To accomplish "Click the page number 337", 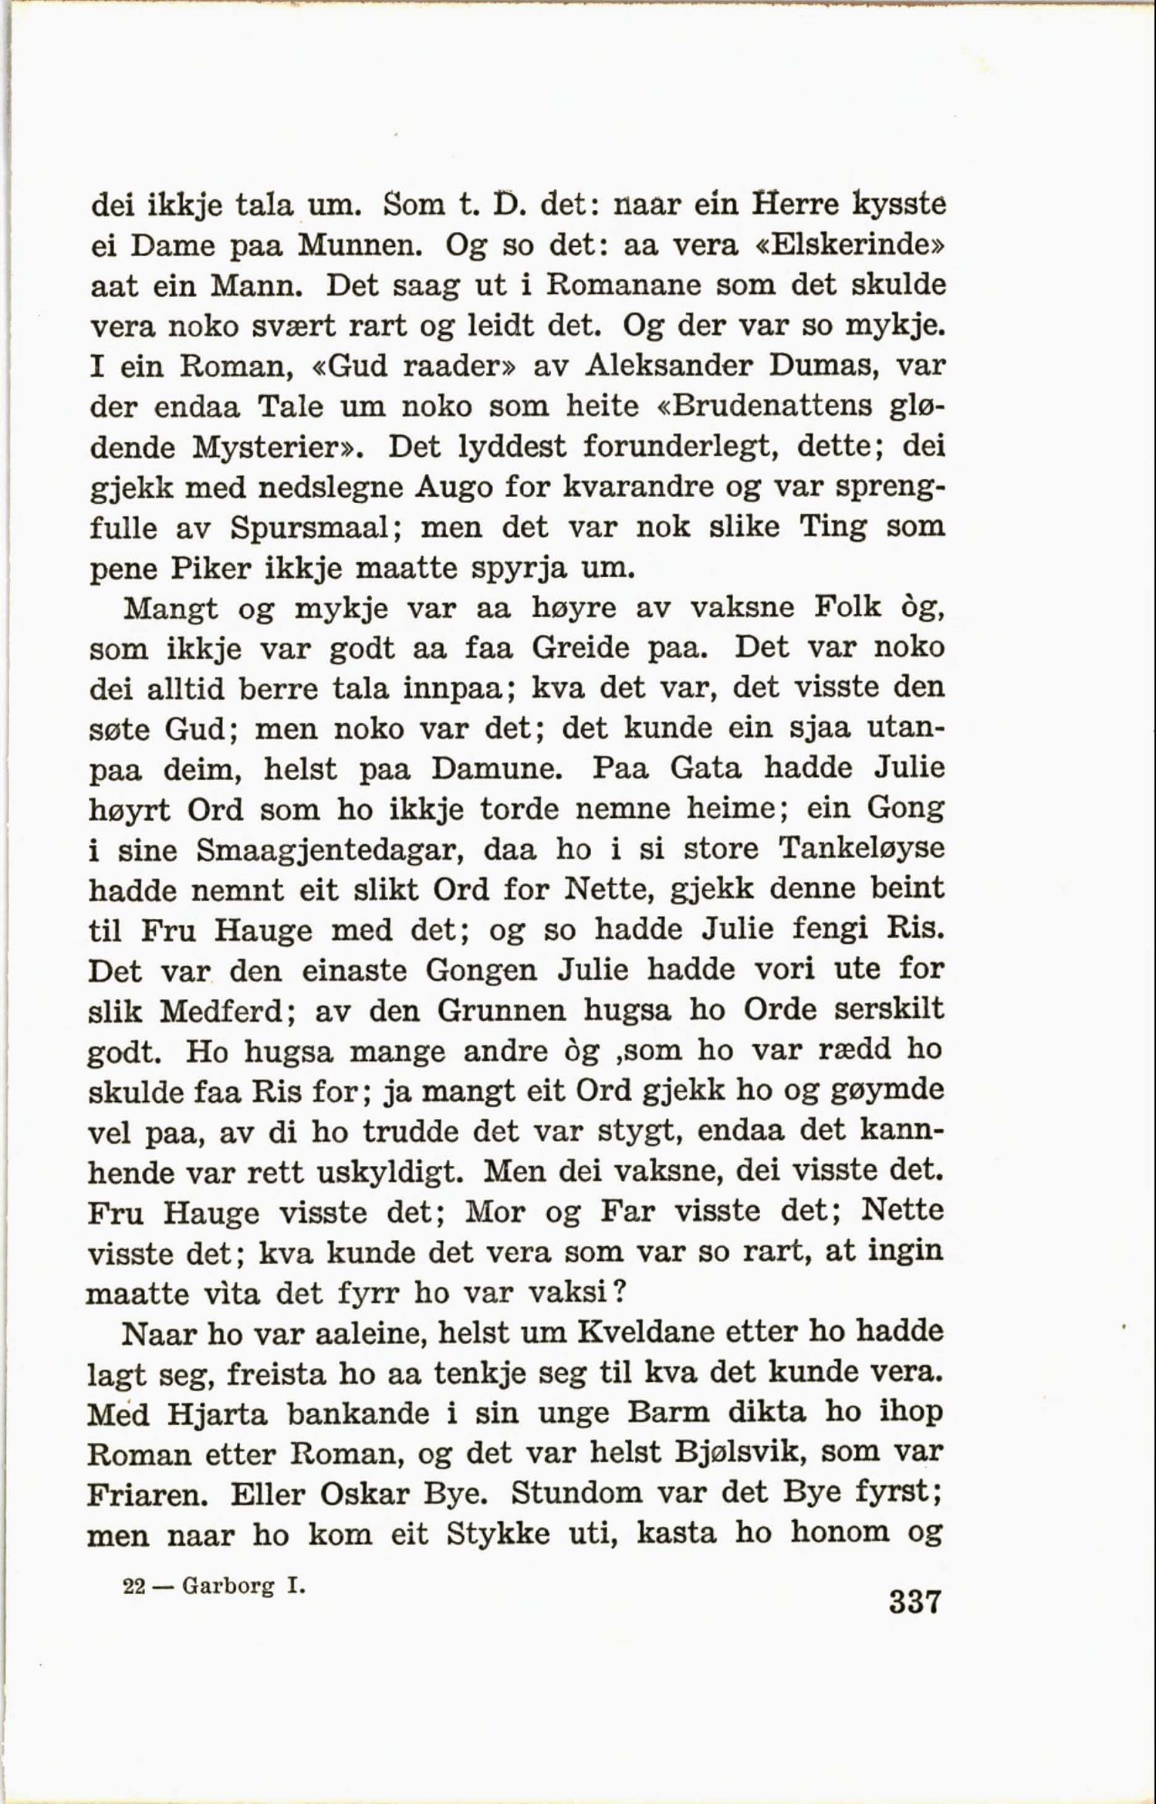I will pyautogui.click(x=914, y=1602).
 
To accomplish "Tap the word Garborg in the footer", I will pyautogui.click(x=228, y=1587).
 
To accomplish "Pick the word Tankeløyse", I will pyautogui.click(x=860, y=849).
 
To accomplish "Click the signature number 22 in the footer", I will pyautogui.click(x=134, y=1586).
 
